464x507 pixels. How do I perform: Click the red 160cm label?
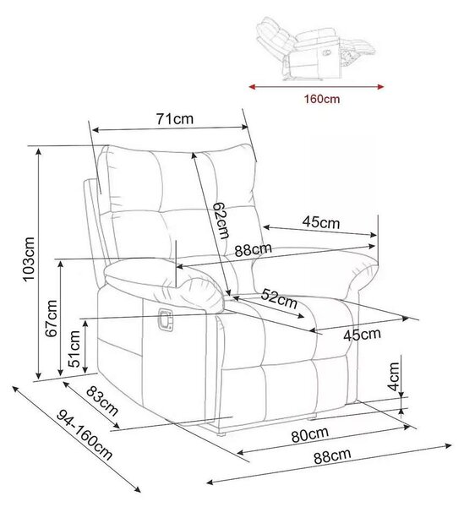pyautogui.click(x=322, y=99)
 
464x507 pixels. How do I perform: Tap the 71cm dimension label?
pyautogui.click(x=175, y=118)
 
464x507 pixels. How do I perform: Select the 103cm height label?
pyautogui.click(x=29, y=259)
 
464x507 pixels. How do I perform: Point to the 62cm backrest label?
pyautogui.click(x=221, y=221)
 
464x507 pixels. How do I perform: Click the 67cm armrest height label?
pyautogui.click(x=52, y=319)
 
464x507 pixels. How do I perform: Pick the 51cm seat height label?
pyautogui.click(x=74, y=348)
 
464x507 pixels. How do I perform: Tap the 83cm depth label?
pyautogui.click(x=102, y=401)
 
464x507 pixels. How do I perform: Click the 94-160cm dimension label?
pyautogui.click(x=85, y=435)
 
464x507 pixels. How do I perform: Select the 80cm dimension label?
pyautogui.click(x=310, y=434)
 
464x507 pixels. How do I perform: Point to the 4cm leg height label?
pyautogui.click(x=394, y=376)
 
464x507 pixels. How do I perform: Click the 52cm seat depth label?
pyautogui.click(x=279, y=299)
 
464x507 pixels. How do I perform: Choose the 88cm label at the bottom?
pyautogui.click(x=332, y=456)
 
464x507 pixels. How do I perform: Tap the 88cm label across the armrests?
pyautogui.click(x=254, y=249)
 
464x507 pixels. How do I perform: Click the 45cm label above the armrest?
pyautogui.click(x=321, y=222)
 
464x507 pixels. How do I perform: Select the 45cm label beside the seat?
pyautogui.click(x=362, y=335)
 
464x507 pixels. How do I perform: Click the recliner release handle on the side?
pyautogui.click(x=165, y=319)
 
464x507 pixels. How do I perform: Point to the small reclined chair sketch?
pyautogui.click(x=315, y=48)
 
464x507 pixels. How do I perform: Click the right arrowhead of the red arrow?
pyautogui.click(x=380, y=87)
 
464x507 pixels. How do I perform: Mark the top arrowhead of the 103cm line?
pyautogui.click(x=39, y=151)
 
